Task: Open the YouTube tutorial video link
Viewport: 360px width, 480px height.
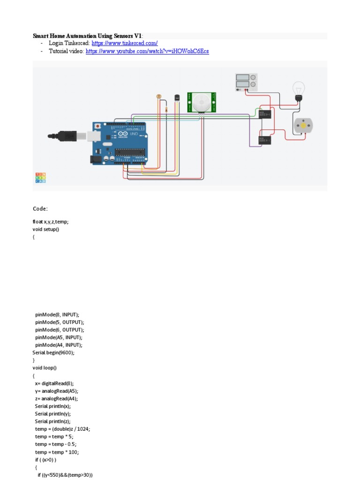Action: pos(147,51)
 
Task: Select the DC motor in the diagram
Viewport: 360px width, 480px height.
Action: pos(302,125)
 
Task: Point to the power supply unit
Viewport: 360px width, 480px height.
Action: pos(246,82)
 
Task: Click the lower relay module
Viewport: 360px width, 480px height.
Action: pos(265,140)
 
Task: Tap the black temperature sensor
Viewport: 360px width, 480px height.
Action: pos(176,97)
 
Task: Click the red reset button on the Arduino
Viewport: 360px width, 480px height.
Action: pos(97,126)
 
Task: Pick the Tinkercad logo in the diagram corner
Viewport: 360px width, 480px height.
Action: pos(41,178)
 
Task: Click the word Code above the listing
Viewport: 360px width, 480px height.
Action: pos(40,209)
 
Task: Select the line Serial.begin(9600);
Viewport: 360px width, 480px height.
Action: pos(53,352)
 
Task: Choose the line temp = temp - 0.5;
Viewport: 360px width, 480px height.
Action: pos(55,444)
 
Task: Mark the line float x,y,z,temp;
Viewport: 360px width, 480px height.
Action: pos(53,222)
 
